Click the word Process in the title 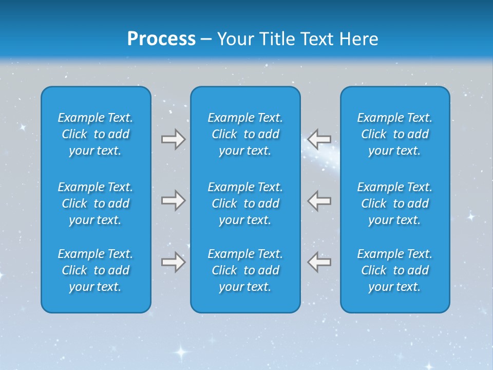tap(161, 39)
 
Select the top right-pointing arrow tap(173, 139)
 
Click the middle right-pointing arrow tap(173, 200)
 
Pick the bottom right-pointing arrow tap(173, 262)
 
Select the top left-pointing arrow tap(319, 139)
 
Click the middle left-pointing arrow tap(319, 200)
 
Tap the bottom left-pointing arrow tap(319, 262)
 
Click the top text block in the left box tap(96, 134)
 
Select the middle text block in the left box tap(96, 203)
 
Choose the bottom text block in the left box tap(96, 270)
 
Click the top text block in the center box tap(245, 134)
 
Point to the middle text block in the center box tap(245, 203)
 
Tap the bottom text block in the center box tap(245, 270)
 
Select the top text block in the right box tap(394, 134)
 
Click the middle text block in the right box tap(394, 203)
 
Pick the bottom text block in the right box tap(394, 270)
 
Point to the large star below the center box tap(180, 352)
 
